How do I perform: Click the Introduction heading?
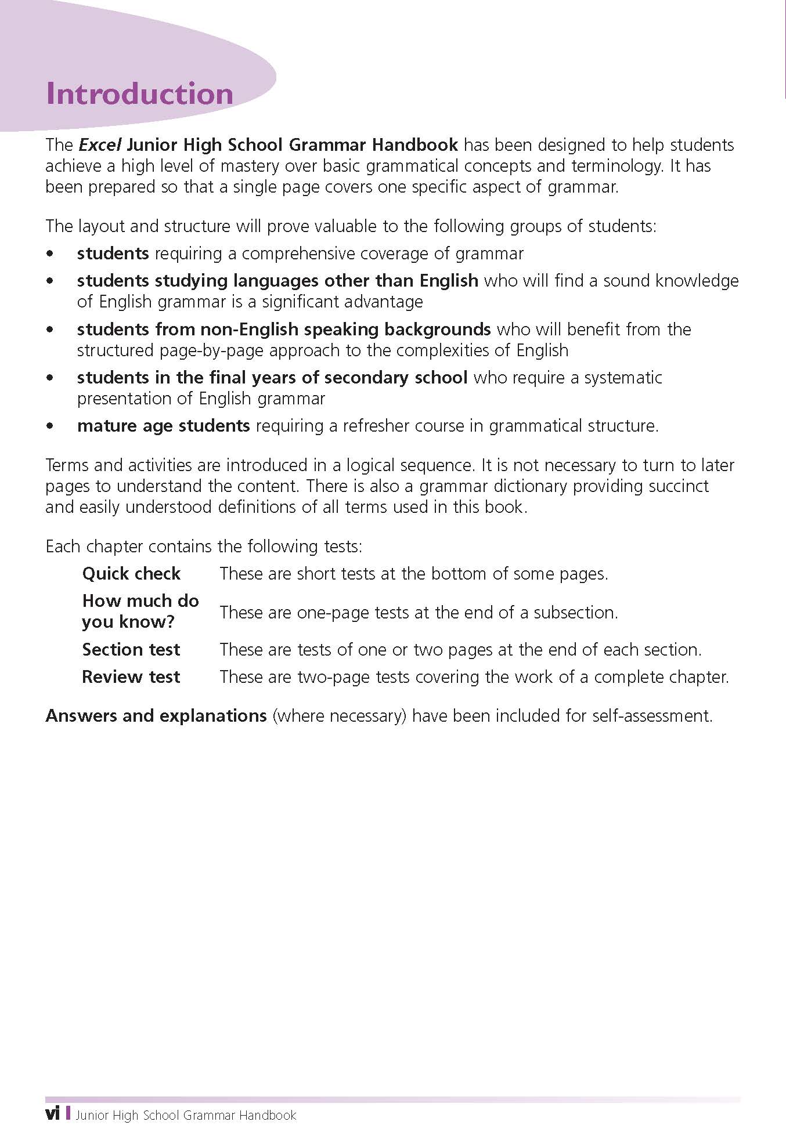click(x=139, y=94)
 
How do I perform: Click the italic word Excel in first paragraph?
click(x=99, y=144)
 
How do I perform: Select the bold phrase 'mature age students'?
click(x=163, y=426)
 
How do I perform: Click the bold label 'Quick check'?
click(x=131, y=574)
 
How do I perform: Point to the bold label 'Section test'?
click(x=131, y=649)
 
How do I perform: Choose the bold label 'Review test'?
click(x=131, y=677)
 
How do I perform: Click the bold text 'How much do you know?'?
click(x=140, y=611)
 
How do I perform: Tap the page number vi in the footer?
click(x=52, y=1115)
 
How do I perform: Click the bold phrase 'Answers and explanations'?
click(x=156, y=716)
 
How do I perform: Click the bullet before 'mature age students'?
click(x=52, y=426)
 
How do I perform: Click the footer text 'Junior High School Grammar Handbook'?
click(x=186, y=1115)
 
